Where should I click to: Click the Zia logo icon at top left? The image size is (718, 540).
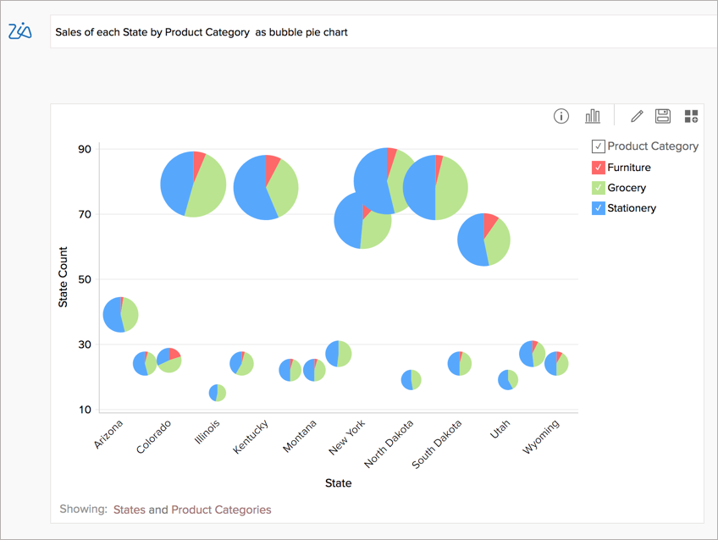click(19, 31)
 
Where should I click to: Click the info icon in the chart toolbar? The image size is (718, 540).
click(561, 116)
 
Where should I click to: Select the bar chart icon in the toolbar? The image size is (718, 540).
click(593, 116)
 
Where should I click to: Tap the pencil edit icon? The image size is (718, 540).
click(637, 116)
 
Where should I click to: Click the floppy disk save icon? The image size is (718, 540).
click(663, 116)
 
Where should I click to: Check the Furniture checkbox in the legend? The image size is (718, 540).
click(599, 168)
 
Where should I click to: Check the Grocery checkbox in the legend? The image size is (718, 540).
click(599, 188)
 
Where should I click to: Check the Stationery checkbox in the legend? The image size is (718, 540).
click(599, 208)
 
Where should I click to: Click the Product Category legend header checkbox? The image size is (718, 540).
click(599, 146)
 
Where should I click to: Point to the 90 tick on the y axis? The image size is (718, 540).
click(85, 150)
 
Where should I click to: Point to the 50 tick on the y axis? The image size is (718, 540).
click(85, 280)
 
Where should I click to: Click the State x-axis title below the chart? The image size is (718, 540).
click(338, 483)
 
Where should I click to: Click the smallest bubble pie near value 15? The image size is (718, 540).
click(218, 393)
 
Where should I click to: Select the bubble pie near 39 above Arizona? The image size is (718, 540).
click(120, 315)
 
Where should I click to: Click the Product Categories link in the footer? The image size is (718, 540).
click(221, 510)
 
